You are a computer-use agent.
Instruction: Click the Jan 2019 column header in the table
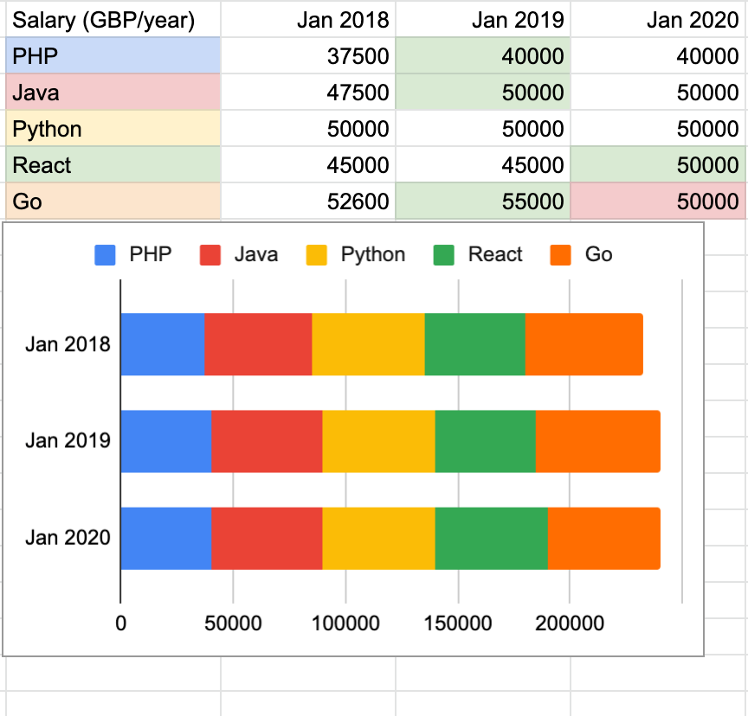pyautogui.click(x=517, y=20)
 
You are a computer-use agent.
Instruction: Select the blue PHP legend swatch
pyautogui.click(x=105, y=255)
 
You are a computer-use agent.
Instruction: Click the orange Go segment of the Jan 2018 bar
pyautogui.click(x=584, y=344)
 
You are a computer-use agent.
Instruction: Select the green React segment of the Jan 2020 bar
pyautogui.click(x=491, y=538)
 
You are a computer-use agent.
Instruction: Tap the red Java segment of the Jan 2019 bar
pyautogui.click(x=267, y=441)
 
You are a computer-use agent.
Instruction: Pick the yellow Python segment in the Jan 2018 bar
pyautogui.click(x=368, y=344)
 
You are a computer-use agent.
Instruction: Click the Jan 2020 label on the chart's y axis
pyautogui.click(x=68, y=538)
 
